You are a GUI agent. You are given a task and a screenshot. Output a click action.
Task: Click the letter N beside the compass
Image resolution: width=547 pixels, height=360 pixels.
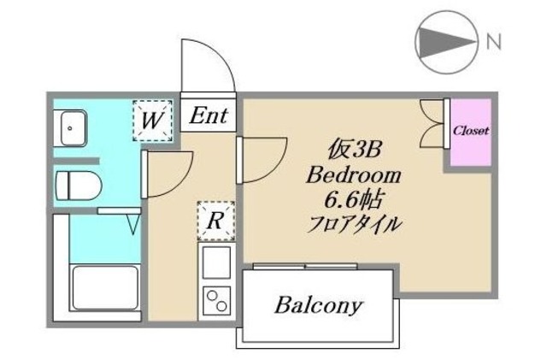494,40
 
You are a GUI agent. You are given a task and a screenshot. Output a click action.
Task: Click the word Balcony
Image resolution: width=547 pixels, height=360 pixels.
319,305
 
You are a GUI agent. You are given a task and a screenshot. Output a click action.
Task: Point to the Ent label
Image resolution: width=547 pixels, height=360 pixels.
208,115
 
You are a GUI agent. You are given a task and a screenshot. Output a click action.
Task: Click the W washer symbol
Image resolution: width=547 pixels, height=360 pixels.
152,120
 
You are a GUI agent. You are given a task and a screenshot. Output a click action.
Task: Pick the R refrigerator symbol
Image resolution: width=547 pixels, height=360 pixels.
215,221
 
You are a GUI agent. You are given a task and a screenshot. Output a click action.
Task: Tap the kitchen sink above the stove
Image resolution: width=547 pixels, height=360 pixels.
216,260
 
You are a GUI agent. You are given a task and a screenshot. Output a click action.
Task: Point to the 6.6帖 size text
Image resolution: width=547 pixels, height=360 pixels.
353,202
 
